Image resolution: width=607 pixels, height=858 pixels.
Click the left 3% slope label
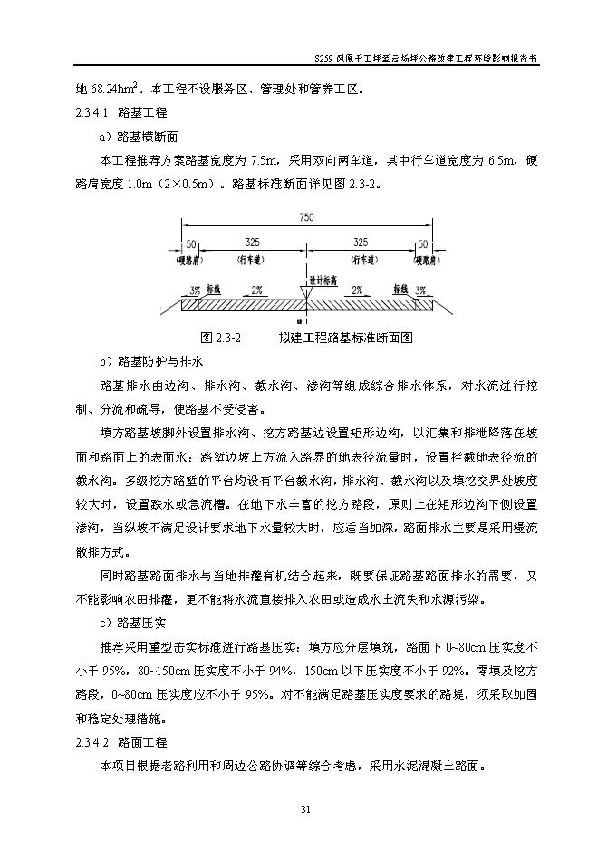point(194,291)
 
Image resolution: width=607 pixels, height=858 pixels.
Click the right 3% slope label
point(420,291)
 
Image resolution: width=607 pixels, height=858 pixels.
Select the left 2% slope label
point(256,291)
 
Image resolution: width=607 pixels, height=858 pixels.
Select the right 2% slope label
point(357,291)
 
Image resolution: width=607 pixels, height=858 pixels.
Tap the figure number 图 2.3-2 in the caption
point(219,337)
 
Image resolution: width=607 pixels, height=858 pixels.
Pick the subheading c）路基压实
point(132,623)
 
